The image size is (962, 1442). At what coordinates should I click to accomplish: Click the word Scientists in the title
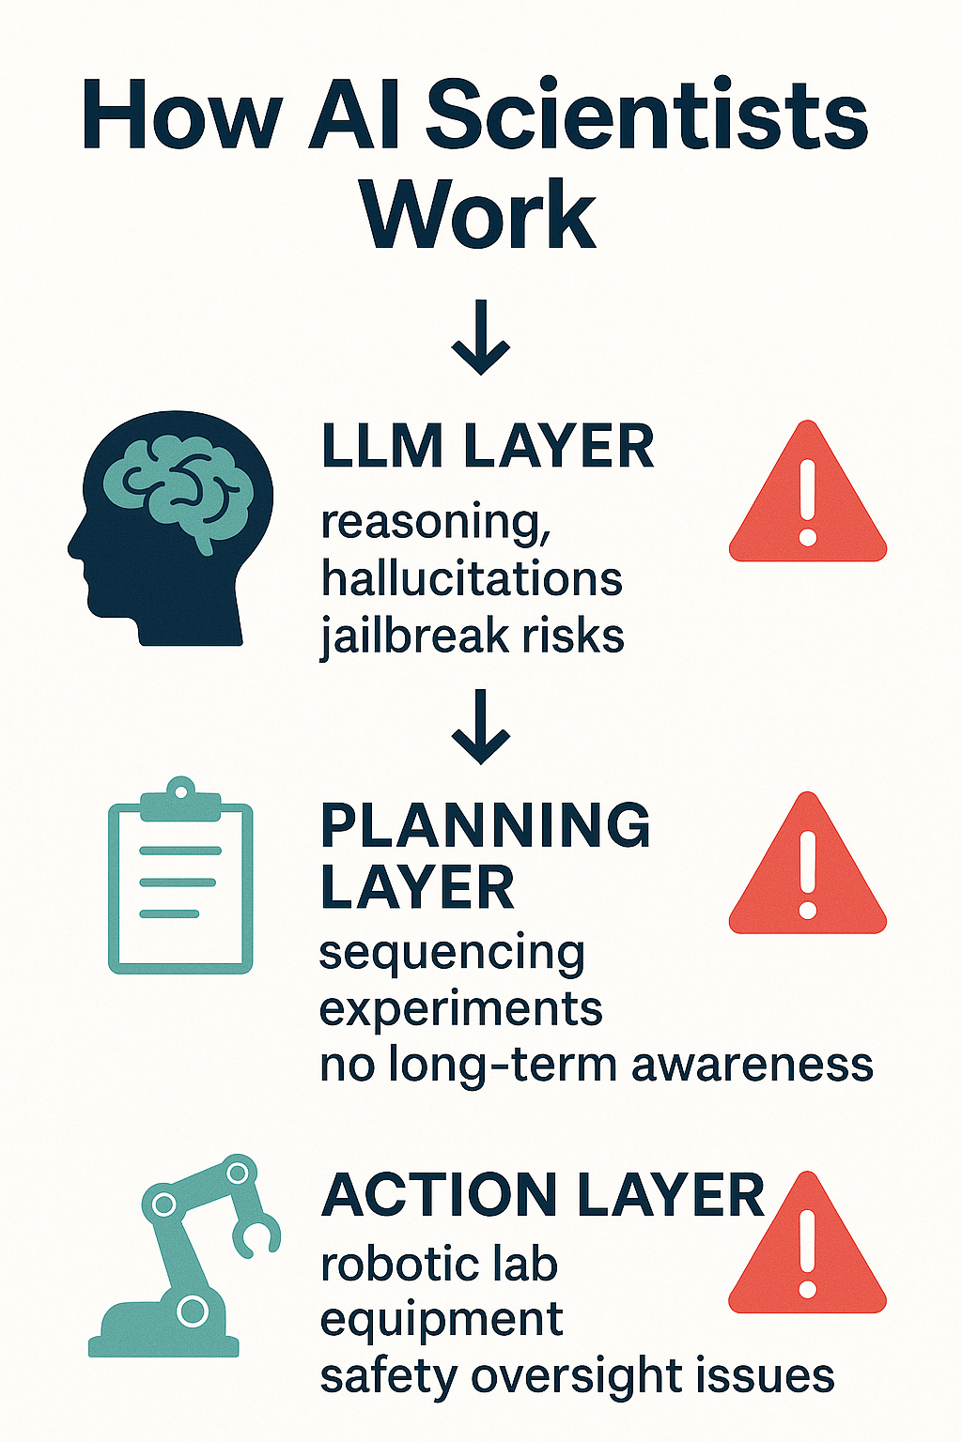tap(647, 116)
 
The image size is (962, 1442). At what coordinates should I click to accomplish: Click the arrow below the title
tap(480, 338)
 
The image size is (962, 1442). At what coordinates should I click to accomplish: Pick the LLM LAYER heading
tap(488, 447)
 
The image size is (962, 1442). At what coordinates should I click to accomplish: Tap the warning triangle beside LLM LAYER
tap(807, 499)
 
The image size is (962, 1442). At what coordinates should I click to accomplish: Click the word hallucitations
tap(472, 579)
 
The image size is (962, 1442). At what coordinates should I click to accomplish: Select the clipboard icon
tap(180, 878)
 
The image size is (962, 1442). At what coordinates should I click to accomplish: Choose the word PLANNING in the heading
tap(485, 826)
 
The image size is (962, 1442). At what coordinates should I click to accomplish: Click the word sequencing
tap(452, 954)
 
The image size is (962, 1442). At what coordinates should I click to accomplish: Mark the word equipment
tap(442, 1321)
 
